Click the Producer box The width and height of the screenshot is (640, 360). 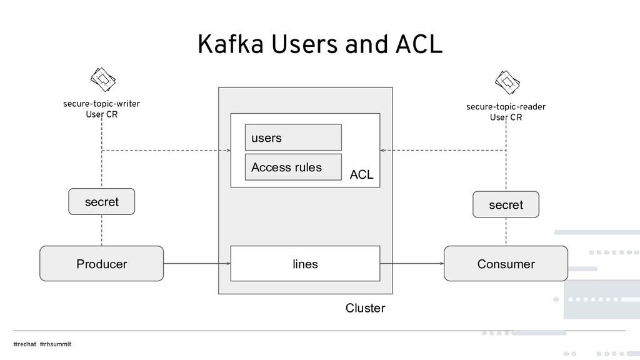(x=101, y=264)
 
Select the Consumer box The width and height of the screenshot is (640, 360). (x=506, y=264)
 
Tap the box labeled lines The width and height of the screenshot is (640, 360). (x=305, y=264)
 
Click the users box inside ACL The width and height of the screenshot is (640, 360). (x=293, y=137)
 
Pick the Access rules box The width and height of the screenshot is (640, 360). (x=293, y=167)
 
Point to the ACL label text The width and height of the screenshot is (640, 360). (x=361, y=175)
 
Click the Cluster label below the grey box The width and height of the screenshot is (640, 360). (x=365, y=308)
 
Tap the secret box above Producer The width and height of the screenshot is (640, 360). (x=101, y=202)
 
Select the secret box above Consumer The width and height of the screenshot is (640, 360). (x=506, y=205)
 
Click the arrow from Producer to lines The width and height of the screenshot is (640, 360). (x=197, y=264)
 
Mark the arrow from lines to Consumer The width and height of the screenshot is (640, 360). (x=412, y=264)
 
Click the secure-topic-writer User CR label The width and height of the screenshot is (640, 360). (x=101, y=109)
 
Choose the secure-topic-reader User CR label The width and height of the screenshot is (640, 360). (x=506, y=112)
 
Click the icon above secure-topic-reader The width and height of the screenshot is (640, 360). (x=507, y=81)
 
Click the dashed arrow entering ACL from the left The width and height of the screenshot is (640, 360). (x=166, y=151)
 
